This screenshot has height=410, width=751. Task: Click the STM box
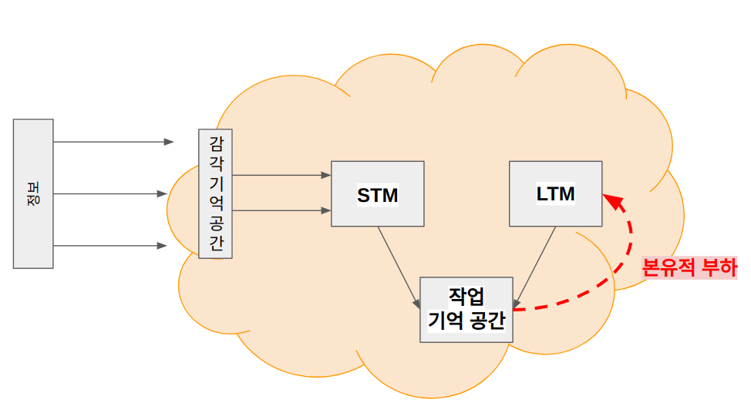click(x=377, y=193)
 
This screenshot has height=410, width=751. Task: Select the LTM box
click(x=556, y=193)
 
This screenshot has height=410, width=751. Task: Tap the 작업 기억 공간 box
click(x=466, y=309)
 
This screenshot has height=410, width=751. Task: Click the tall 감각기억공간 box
click(x=216, y=193)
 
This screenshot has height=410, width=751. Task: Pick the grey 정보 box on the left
click(x=33, y=193)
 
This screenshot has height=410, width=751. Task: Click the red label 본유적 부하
click(x=689, y=267)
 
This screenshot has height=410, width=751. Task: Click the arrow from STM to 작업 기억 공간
click(x=399, y=267)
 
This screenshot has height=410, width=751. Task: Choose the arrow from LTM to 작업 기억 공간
click(x=534, y=267)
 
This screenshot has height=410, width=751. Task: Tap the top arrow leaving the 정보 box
click(x=113, y=142)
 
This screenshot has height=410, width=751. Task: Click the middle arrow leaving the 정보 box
click(x=110, y=193)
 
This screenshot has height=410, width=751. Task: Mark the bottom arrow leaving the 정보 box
click(x=110, y=246)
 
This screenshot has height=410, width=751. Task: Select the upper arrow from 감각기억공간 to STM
click(x=281, y=175)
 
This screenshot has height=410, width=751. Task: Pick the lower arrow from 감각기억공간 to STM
click(x=281, y=210)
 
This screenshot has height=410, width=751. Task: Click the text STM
click(x=377, y=196)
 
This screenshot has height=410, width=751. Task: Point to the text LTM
click(x=556, y=194)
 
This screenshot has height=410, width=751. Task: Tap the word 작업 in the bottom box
click(x=466, y=297)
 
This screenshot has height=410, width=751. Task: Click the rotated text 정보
click(x=33, y=193)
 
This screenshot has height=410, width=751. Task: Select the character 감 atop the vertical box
click(x=217, y=143)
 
